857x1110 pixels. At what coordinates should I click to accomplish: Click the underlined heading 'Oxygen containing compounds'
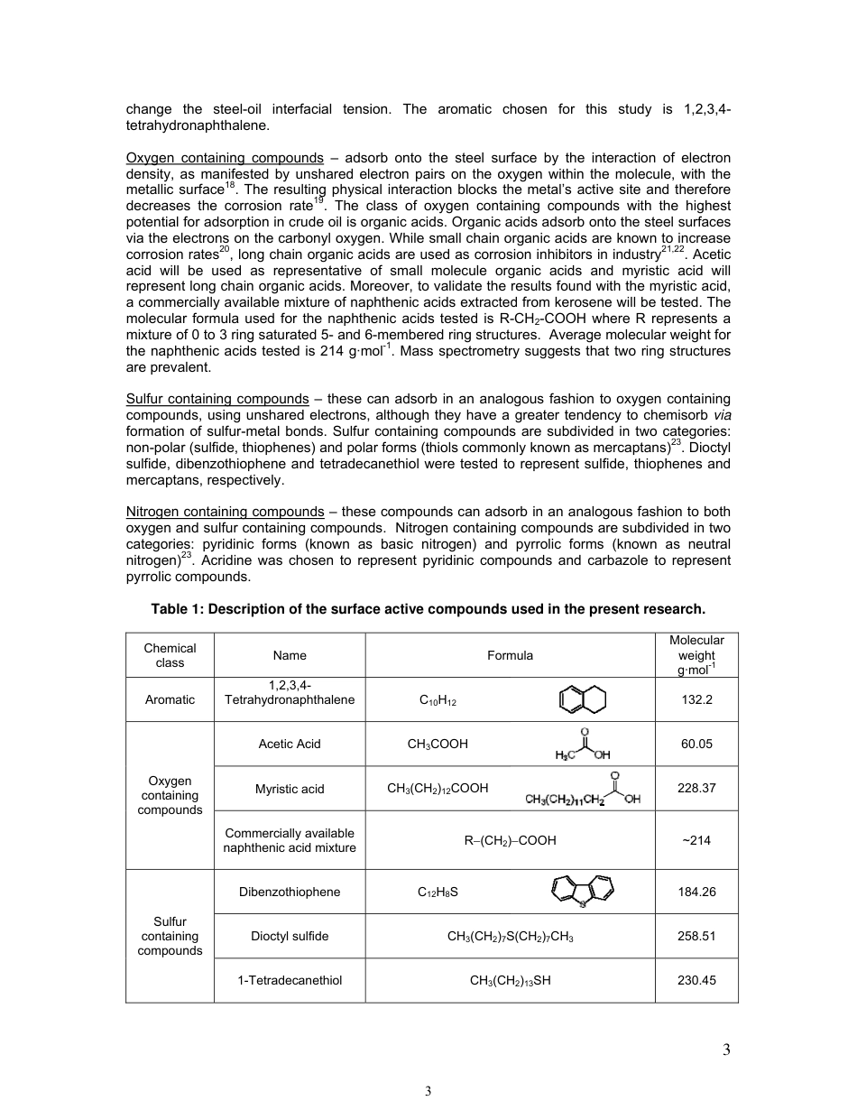click(x=225, y=159)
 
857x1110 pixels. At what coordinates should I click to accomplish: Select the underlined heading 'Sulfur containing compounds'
click(x=217, y=399)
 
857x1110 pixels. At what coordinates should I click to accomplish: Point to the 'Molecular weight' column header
click(x=696, y=654)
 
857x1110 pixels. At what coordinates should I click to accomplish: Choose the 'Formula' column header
click(x=510, y=655)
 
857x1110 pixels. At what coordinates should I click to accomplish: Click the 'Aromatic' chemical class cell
click(x=170, y=699)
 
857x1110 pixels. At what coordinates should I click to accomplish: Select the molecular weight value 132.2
click(x=696, y=699)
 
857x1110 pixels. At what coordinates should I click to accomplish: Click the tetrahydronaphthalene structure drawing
click(x=583, y=699)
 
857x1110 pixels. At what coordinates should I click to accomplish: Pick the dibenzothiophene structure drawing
click(x=582, y=892)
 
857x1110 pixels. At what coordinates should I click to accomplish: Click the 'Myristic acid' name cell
click(x=290, y=789)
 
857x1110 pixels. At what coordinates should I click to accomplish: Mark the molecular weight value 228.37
click(x=696, y=788)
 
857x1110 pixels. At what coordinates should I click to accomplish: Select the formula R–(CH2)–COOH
click(x=510, y=840)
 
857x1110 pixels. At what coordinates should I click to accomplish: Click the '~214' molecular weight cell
click(x=696, y=840)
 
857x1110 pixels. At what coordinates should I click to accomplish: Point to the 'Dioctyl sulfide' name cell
click(x=290, y=936)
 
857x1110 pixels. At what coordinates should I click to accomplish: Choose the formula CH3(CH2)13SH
click(x=510, y=980)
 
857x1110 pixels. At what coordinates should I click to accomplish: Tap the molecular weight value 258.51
click(x=696, y=936)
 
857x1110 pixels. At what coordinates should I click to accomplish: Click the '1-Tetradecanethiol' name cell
click(x=290, y=980)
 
